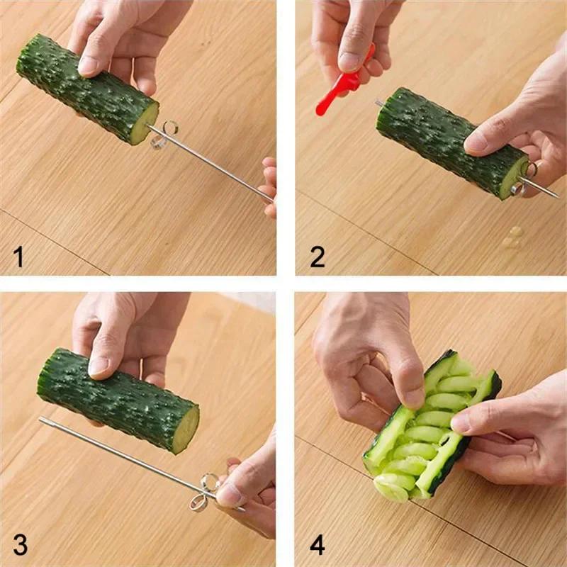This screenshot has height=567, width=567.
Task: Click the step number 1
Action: pyautogui.click(x=18, y=255)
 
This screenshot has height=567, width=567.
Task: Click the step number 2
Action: pyautogui.click(x=318, y=255)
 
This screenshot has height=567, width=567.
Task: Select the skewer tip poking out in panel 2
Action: pyautogui.click(x=379, y=103)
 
